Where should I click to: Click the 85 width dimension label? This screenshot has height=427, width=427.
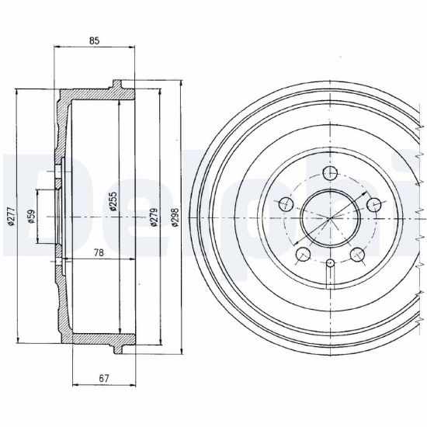click(x=94, y=41)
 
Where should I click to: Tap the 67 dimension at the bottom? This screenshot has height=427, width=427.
click(x=104, y=378)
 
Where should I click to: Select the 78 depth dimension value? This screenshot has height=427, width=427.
click(x=99, y=253)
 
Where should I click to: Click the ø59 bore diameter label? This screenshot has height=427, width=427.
click(x=32, y=217)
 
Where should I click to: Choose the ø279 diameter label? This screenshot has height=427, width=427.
click(x=154, y=217)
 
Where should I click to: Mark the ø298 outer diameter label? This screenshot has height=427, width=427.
click(x=175, y=217)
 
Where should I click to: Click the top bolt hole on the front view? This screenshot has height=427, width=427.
click(x=330, y=173)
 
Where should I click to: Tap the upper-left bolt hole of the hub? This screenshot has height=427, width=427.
click(x=286, y=204)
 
